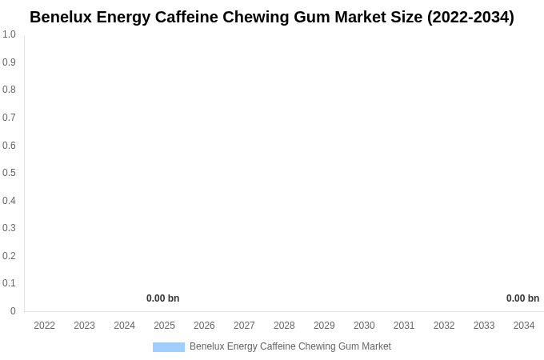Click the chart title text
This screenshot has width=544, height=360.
click(x=272, y=17)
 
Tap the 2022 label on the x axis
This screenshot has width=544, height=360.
click(x=44, y=326)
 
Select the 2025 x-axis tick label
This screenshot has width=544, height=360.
click(x=164, y=326)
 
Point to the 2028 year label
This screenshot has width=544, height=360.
click(x=284, y=326)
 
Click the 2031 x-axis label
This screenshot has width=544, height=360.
click(x=404, y=326)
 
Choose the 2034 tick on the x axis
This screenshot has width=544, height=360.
click(x=524, y=326)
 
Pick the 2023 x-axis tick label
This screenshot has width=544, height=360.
click(x=84, y=326)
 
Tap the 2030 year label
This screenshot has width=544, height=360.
click(x=364, y=326)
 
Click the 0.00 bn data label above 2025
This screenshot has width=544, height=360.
click(x=162, y=298)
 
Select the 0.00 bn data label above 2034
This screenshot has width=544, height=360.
click(x=522, y=298)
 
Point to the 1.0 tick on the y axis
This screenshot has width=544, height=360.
click(x=9, y=34)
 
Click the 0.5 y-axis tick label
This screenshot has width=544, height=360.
click(x=9, y=173)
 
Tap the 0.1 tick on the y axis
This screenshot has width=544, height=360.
click(x=9, y=283)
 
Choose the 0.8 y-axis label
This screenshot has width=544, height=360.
click(x=9, y=90)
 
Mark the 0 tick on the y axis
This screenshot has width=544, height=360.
click(x=13, y=311)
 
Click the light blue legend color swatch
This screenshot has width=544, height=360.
click(x=169, y=347)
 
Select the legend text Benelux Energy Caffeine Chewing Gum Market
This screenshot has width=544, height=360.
click(x=290, y=346)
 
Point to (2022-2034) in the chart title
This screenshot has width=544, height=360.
click(x=470, y=17)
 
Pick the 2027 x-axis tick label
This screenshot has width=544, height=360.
click(x=244, y=326)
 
